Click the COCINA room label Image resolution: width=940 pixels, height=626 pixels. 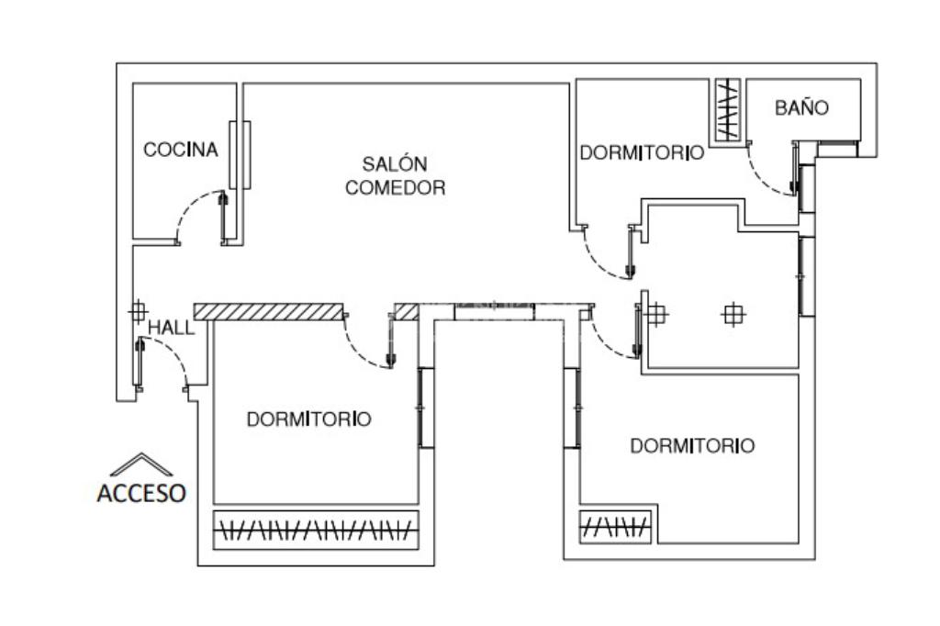(181, 150)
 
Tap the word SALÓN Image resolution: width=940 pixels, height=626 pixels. (395, 164)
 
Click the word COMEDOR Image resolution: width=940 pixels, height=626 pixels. (395, 188)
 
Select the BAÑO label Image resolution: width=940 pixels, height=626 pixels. (801, 108)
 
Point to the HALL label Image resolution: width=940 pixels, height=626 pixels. (172, 328)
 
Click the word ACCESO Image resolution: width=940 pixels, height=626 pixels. (141, 493)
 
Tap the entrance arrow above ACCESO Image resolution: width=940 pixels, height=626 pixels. (140, 464)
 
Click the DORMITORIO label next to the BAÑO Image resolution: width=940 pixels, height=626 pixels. (642, 153)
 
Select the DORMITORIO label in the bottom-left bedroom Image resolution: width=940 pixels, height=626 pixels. (309, 419)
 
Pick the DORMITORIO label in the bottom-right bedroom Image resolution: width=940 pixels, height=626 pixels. (692, 446)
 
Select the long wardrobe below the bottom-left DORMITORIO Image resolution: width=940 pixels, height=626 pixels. (316, 529)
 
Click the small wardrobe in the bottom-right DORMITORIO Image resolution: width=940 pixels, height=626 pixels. (616, 527)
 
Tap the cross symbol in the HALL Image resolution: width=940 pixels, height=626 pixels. (137, 311)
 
